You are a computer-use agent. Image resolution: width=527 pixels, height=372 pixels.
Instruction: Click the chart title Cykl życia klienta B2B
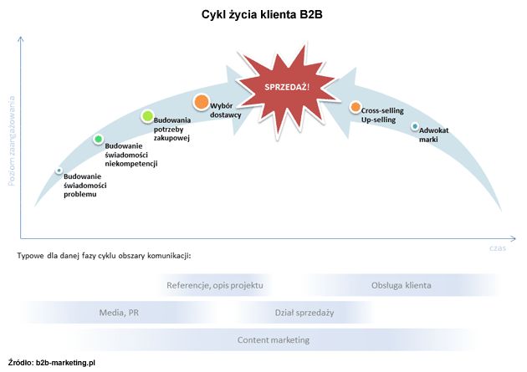coord(262,14)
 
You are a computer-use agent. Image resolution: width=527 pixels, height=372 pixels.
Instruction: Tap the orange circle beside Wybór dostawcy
coord(202,103)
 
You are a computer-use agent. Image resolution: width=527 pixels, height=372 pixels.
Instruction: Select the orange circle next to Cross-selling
coord(356,107)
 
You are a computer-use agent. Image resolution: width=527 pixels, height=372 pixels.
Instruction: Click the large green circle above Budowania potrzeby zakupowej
coord(147,116)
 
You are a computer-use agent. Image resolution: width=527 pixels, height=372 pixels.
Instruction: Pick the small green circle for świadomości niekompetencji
coord(98,139)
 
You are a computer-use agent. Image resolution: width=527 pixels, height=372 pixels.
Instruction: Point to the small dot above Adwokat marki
coord(415,127)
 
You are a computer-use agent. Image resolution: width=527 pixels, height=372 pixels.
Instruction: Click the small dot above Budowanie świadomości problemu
coord(59,171)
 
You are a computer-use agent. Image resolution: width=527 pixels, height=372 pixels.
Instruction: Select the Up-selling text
coord(378,120)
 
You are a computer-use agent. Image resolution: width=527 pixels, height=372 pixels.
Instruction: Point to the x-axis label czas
coord(499,247)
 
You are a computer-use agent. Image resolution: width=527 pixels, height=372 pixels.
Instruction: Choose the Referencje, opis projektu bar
coord(215,285)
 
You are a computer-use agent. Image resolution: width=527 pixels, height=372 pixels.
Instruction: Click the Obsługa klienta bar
coord(402,285)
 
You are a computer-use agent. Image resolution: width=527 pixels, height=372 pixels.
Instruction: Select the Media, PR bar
coord(119,313)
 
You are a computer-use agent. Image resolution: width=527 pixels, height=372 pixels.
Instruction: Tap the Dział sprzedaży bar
coord(304,313)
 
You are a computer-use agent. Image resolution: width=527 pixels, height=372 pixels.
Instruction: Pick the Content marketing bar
coord(274,339)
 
